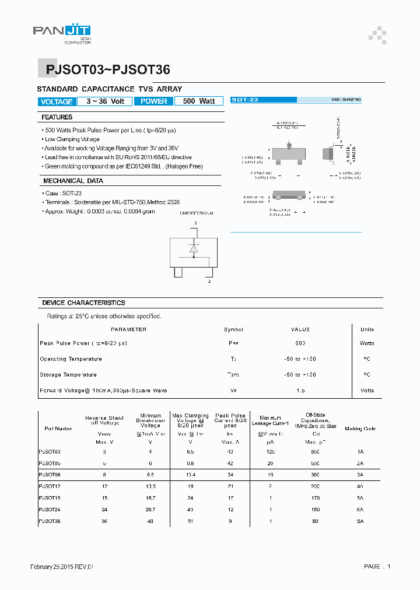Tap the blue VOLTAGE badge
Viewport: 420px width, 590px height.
click(x=57, y=101)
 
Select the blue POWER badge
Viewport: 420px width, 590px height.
click(x=154, y=101)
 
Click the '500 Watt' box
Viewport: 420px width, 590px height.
click(x=199, y=101)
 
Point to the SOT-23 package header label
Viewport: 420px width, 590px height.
click(x=245, y=100)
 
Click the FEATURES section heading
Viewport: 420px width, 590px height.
click(x=57, y=118)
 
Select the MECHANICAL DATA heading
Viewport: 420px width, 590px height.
click(x=73, y=181)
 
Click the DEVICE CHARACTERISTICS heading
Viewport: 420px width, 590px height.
click(x=83, y=303)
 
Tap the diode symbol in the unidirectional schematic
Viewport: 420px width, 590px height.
click(x=193, y=250)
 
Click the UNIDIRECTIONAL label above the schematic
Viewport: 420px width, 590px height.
click(x=197, y=214)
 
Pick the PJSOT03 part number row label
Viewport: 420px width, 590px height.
click(x=50, y=452)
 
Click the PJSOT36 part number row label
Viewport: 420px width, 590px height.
click(x=50, y=521)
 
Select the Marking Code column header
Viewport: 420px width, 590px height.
click(x=360, y=429)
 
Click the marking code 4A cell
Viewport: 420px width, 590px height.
click(x=360, y=486)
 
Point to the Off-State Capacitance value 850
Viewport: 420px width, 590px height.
click(x=316, y=452)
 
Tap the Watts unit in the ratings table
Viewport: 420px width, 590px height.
click(x=367, y=343)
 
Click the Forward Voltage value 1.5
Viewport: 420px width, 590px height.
click(x=300, y=391)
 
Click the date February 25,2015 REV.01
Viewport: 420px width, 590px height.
click(x=62, y=567)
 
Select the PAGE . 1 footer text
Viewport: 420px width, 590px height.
click(x=377, y=567)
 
